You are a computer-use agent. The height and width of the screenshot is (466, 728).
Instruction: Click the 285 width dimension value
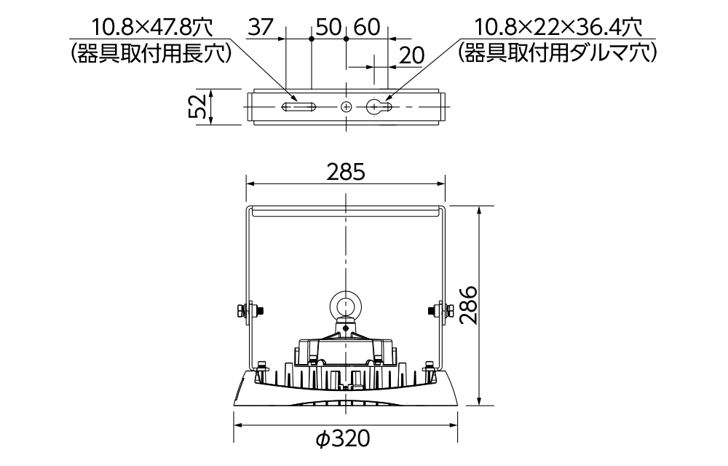pos(346,172)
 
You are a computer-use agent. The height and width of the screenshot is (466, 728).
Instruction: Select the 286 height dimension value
pos(468,305)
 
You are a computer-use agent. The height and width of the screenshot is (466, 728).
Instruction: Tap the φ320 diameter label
pos(343,438)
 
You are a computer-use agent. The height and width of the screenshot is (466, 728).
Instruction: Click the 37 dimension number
pos(261,28)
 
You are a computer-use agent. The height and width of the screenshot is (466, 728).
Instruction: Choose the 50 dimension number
pos(329,28)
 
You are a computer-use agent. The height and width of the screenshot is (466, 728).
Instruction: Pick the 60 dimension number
pos(367,28)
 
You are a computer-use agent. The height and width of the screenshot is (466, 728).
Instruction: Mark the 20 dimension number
pos(411,55)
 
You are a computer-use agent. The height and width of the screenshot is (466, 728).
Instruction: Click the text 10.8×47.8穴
pos(152,28)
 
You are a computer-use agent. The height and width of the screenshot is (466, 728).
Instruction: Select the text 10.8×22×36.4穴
pos(558,28)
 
